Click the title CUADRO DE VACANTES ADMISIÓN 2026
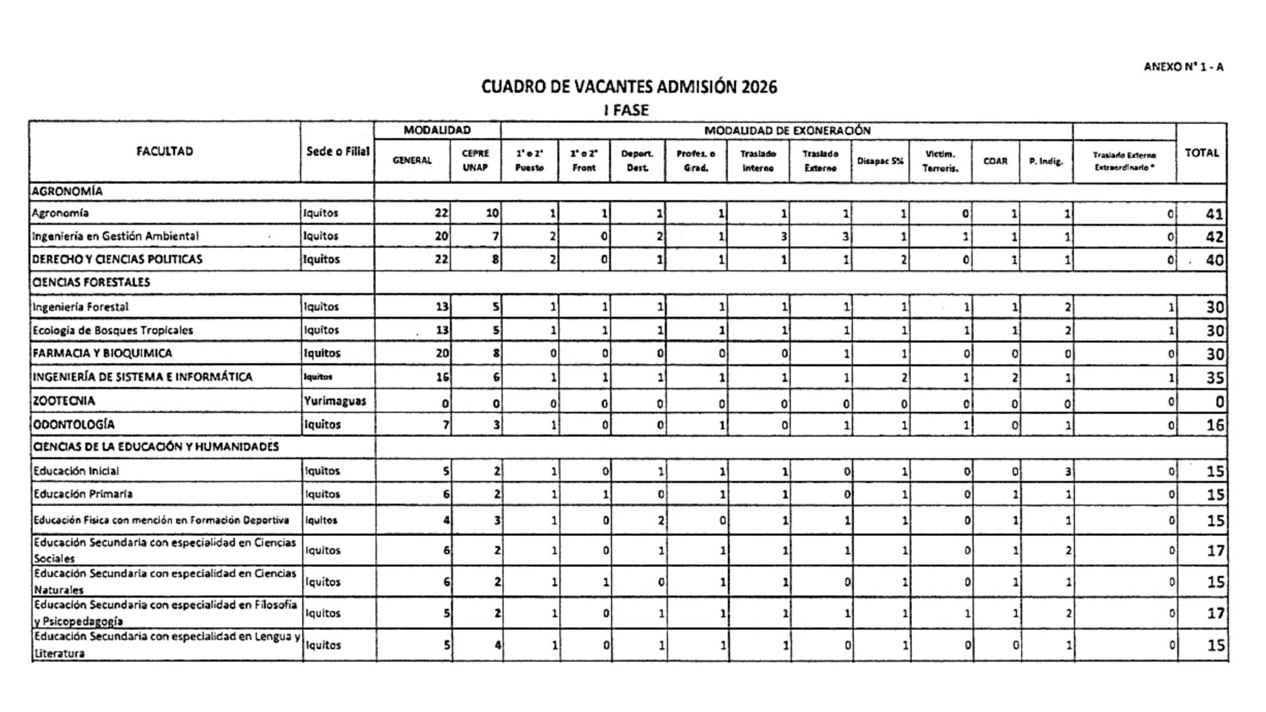click(629, 87)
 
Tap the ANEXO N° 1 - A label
click(1184, 67)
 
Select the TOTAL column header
click(1201, 153)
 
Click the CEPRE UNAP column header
click(475, 160)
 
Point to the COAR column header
click(995, 161)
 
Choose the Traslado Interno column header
click(758, 160)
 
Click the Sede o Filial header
click(338, 152)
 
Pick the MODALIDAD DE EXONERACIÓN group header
click(787, 131)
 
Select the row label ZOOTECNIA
click(64, 401)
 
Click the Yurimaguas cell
click(335, 401)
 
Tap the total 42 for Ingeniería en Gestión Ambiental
click(1214, 237)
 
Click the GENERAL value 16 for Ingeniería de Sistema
click(442, 377)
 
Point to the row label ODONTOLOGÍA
click(73, 425)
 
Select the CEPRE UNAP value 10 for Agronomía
click(491, 213)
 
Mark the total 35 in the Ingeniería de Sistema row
click(1215, 378)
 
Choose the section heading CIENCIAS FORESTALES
click(91, 282)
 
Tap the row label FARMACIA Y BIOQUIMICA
click(102, 353)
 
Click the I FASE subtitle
click(626, 110)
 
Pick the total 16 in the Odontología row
click(1215, 425)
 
